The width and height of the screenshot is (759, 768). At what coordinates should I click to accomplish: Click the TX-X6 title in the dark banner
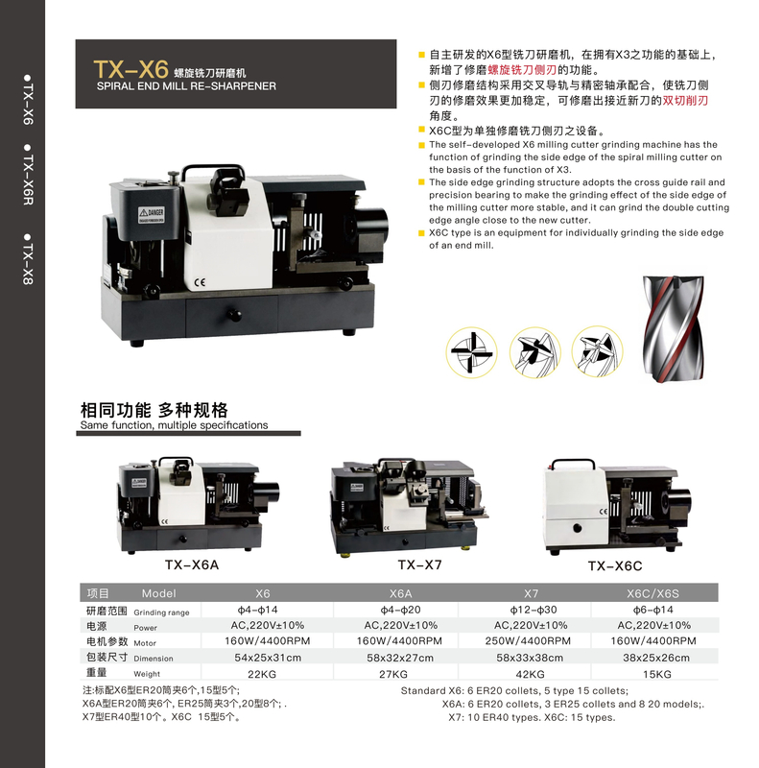[131, 69]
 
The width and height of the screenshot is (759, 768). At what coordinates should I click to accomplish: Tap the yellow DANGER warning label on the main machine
[152, 215]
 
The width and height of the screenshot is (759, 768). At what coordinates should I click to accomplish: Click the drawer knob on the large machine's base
[234, 316]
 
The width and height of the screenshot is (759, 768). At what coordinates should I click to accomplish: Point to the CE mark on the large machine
[200, 282]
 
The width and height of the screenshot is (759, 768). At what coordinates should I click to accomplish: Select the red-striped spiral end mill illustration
[674, 328]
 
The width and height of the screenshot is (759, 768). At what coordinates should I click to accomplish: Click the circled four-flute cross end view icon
[471, 352]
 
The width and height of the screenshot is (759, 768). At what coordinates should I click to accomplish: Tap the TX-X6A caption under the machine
[192, 564]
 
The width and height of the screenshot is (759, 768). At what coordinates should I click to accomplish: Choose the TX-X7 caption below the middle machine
[419, 564]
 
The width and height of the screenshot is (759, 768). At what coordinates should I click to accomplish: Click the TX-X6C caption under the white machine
[615, 566]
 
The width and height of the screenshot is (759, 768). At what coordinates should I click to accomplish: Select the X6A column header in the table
[400, 593]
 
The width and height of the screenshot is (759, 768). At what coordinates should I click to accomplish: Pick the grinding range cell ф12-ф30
[531, 610]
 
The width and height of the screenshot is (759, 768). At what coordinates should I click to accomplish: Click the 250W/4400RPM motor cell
[528, 641]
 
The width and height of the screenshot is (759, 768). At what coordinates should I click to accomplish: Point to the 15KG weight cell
[656, 675]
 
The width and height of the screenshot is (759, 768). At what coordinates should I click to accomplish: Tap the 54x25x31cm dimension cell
[268, 658]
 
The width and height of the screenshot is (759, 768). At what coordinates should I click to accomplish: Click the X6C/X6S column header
[652, 593]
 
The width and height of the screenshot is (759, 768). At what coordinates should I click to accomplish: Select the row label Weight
[147, 674]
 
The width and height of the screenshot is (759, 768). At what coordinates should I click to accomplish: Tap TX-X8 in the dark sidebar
[28, 259]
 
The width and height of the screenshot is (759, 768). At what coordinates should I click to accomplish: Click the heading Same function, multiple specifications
[174, 425]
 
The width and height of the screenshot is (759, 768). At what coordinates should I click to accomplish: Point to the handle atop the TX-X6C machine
[573, 461]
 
